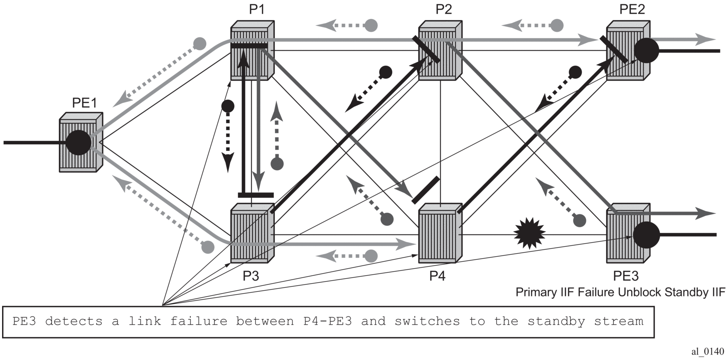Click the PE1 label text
pyautogui.click(x=84, y=103)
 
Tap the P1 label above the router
pyautogui.click(x=256, y=9)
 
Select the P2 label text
pyautogui.click(x=444, y=9)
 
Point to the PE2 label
pyautogui.click(x=632, y=9)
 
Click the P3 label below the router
pyautogui.click(x=251, y=276)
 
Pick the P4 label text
pyautogui.click(x=437, y=276)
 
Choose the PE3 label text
pyautogui.click(x=626, y=276)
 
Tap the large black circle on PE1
pyautogui.click(x=79, y=142)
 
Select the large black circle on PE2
pyautogui.click(x=646, y=51)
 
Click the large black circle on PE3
pyautogui.click(x=646, y=235)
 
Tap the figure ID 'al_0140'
pyautogui.click(x=708, y=352)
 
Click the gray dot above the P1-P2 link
pyautogui.click(x=371, y=25)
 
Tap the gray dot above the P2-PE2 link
pyautogui.click(x=557, y=25)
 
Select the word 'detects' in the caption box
pyautogui.click(x=74, y=321)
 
